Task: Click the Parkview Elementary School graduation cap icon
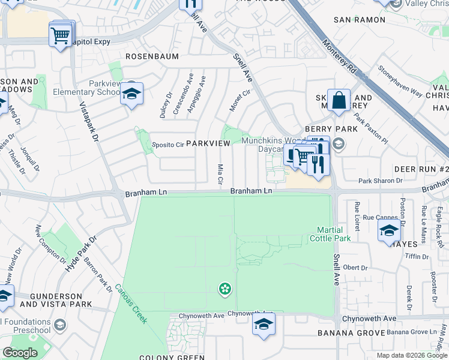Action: coord(131,94)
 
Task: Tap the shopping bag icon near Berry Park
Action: coord(339,101)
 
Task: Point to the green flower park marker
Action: coord(224,290)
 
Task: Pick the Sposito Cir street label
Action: coord(167,145)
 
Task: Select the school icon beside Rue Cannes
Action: coord(388,230)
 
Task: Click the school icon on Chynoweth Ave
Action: coord(263,325)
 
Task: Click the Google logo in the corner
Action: coord(20,353)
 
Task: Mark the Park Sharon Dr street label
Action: coord(380,181)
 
